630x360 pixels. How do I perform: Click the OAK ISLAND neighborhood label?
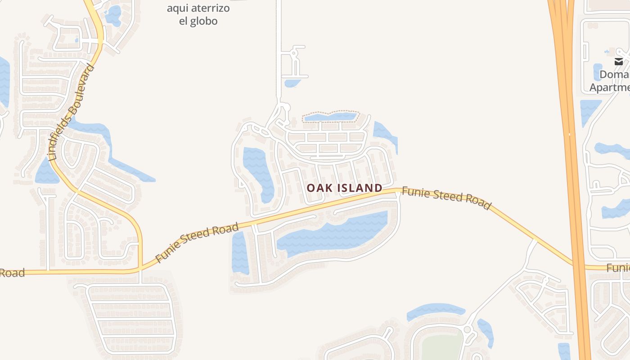(x=345, y=188)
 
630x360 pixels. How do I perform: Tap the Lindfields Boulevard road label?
(x=72, y=112)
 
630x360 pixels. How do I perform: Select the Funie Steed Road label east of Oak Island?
(x=446, y=198)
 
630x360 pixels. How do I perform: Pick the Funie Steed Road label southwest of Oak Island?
(x=197, y=243)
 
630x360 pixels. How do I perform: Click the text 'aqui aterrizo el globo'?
(x=198, y=14)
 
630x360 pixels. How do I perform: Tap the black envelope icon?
(x=619, y=62)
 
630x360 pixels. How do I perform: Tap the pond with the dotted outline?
(x=330, y=117)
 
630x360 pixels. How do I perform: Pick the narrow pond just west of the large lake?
(x=240, y=252)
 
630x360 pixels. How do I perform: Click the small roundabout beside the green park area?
(x=467, y=330)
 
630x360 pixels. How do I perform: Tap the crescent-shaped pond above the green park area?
(x=434, y=310)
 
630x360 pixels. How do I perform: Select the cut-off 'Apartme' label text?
(x=610, y=87)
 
